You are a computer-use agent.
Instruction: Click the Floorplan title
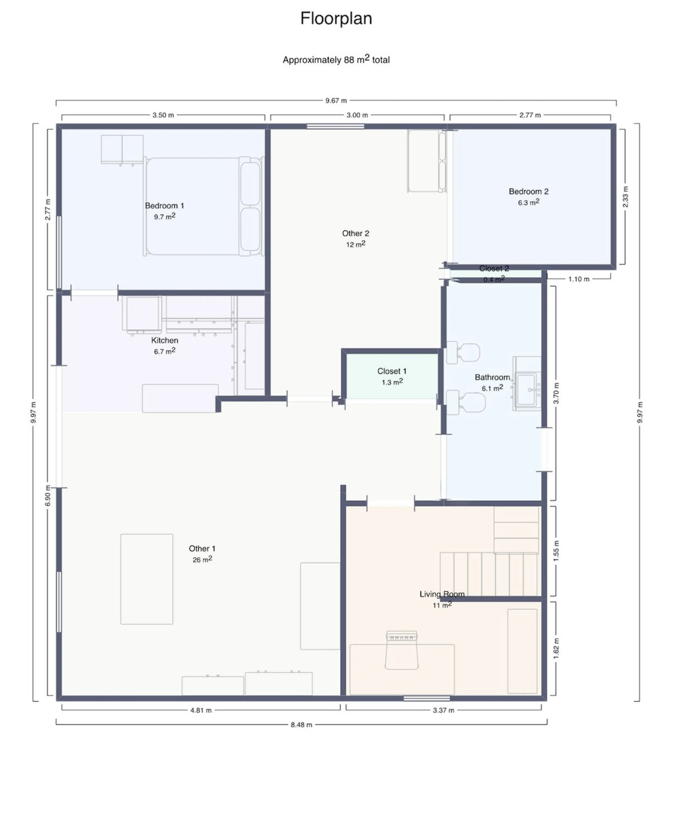[x=336, y=18]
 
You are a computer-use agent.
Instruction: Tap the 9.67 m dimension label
[x=336, y=100]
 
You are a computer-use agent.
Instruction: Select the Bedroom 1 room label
[x=164, y=205]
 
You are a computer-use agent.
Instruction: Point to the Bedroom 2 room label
[x=528, y=191]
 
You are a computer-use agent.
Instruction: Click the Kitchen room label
[x=165, y=340]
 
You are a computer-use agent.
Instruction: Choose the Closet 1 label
[x=392, y=371]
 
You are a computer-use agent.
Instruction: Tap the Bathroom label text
[x=492, y=377]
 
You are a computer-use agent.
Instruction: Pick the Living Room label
[x=442, y=594]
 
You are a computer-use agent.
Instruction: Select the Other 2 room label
[x=355, y=233]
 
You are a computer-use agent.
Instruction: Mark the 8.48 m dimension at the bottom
[x=302, y=725]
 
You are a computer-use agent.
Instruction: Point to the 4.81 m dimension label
[x=201, y=710]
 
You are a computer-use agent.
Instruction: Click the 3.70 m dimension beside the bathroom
[x=556, y=393]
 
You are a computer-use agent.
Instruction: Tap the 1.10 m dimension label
[x=579, y=279]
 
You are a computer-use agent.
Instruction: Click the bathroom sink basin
[x=527, y=389]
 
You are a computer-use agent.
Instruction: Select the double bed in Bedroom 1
[x=203, y=206]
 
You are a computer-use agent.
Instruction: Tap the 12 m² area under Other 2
[x=355, y=244]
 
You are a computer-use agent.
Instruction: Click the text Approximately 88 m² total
[x=336, y=59]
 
